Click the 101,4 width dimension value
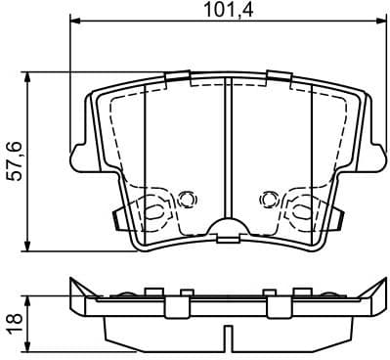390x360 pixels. click(226, 12)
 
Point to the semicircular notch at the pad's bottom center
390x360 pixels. click(226, 232)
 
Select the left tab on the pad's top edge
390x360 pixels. click(177, 78)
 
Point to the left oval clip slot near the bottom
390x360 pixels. click(154, 208)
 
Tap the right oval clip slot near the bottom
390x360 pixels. click(298, 208)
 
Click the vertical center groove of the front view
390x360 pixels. click(226, 147)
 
